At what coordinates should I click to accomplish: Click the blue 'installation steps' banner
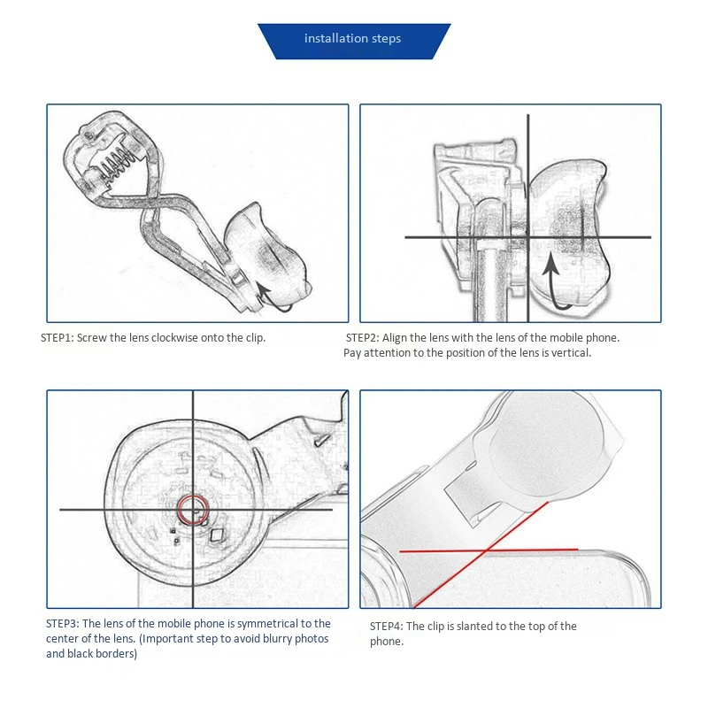pos(353,39)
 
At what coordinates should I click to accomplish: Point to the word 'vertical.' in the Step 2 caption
pos(568,352)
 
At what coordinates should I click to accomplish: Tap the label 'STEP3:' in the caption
pos(63,624)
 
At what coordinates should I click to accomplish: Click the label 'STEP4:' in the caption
pos(387,627)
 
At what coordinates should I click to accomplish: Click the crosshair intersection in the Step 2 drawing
pos(528,237)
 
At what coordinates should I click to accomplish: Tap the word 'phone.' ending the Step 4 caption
pos(387,642)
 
